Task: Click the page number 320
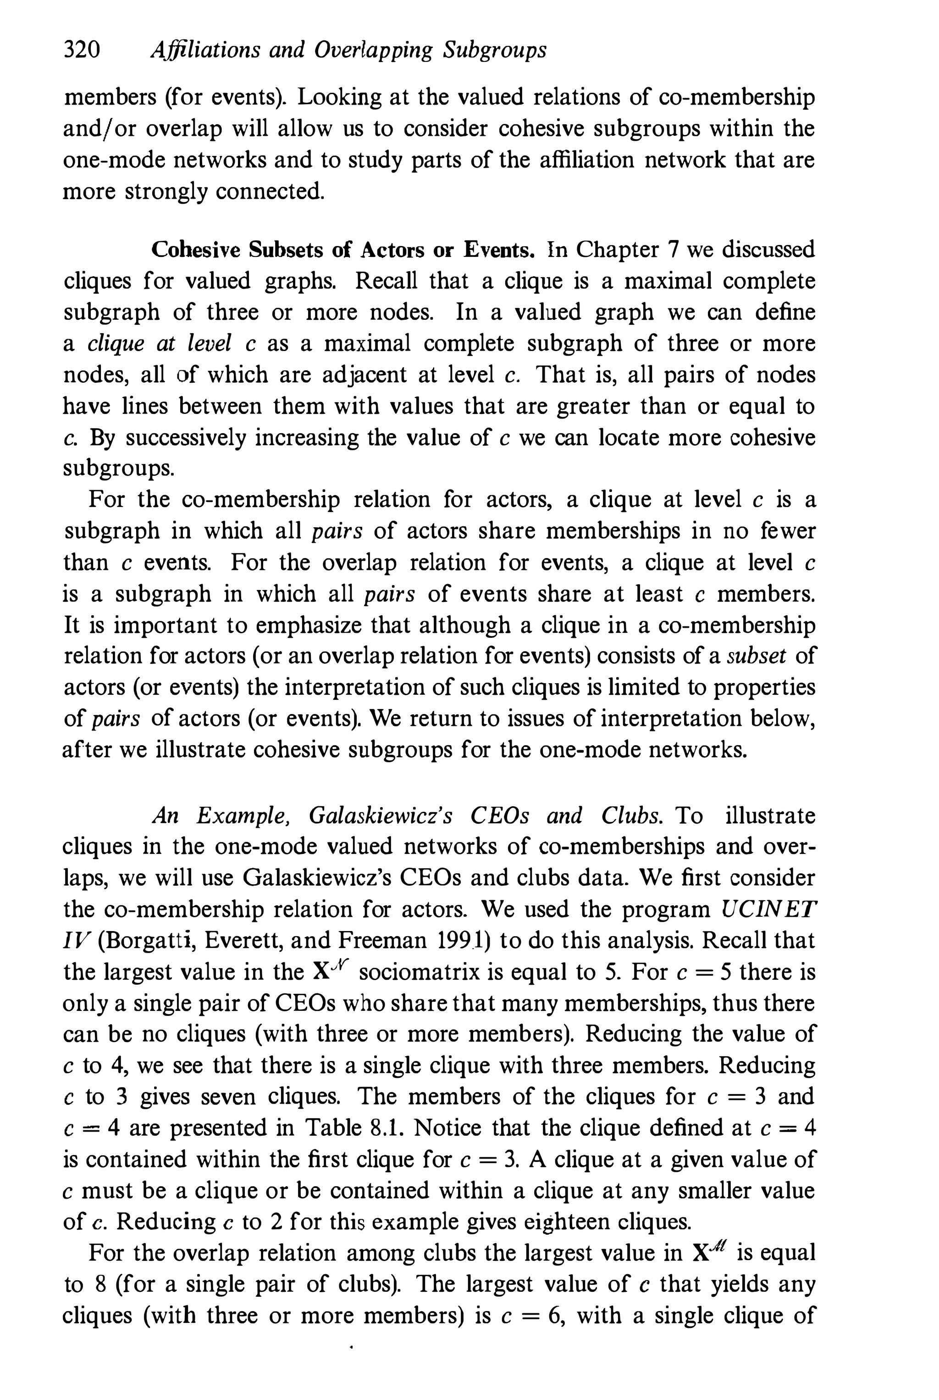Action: pyautogui.click(x=82, y=50)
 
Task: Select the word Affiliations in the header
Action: pyautogui.click(x=205, y=50)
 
